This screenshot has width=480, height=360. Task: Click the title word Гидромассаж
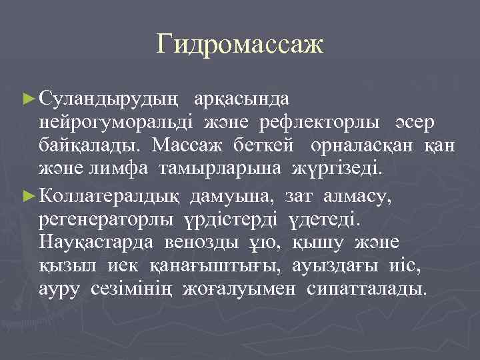point(240,45)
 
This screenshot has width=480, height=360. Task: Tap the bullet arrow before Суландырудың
point(28,99)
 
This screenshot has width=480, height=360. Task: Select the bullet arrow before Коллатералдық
point(28,197)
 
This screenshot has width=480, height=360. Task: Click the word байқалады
point(89,145)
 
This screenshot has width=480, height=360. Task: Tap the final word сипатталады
point(365,289)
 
